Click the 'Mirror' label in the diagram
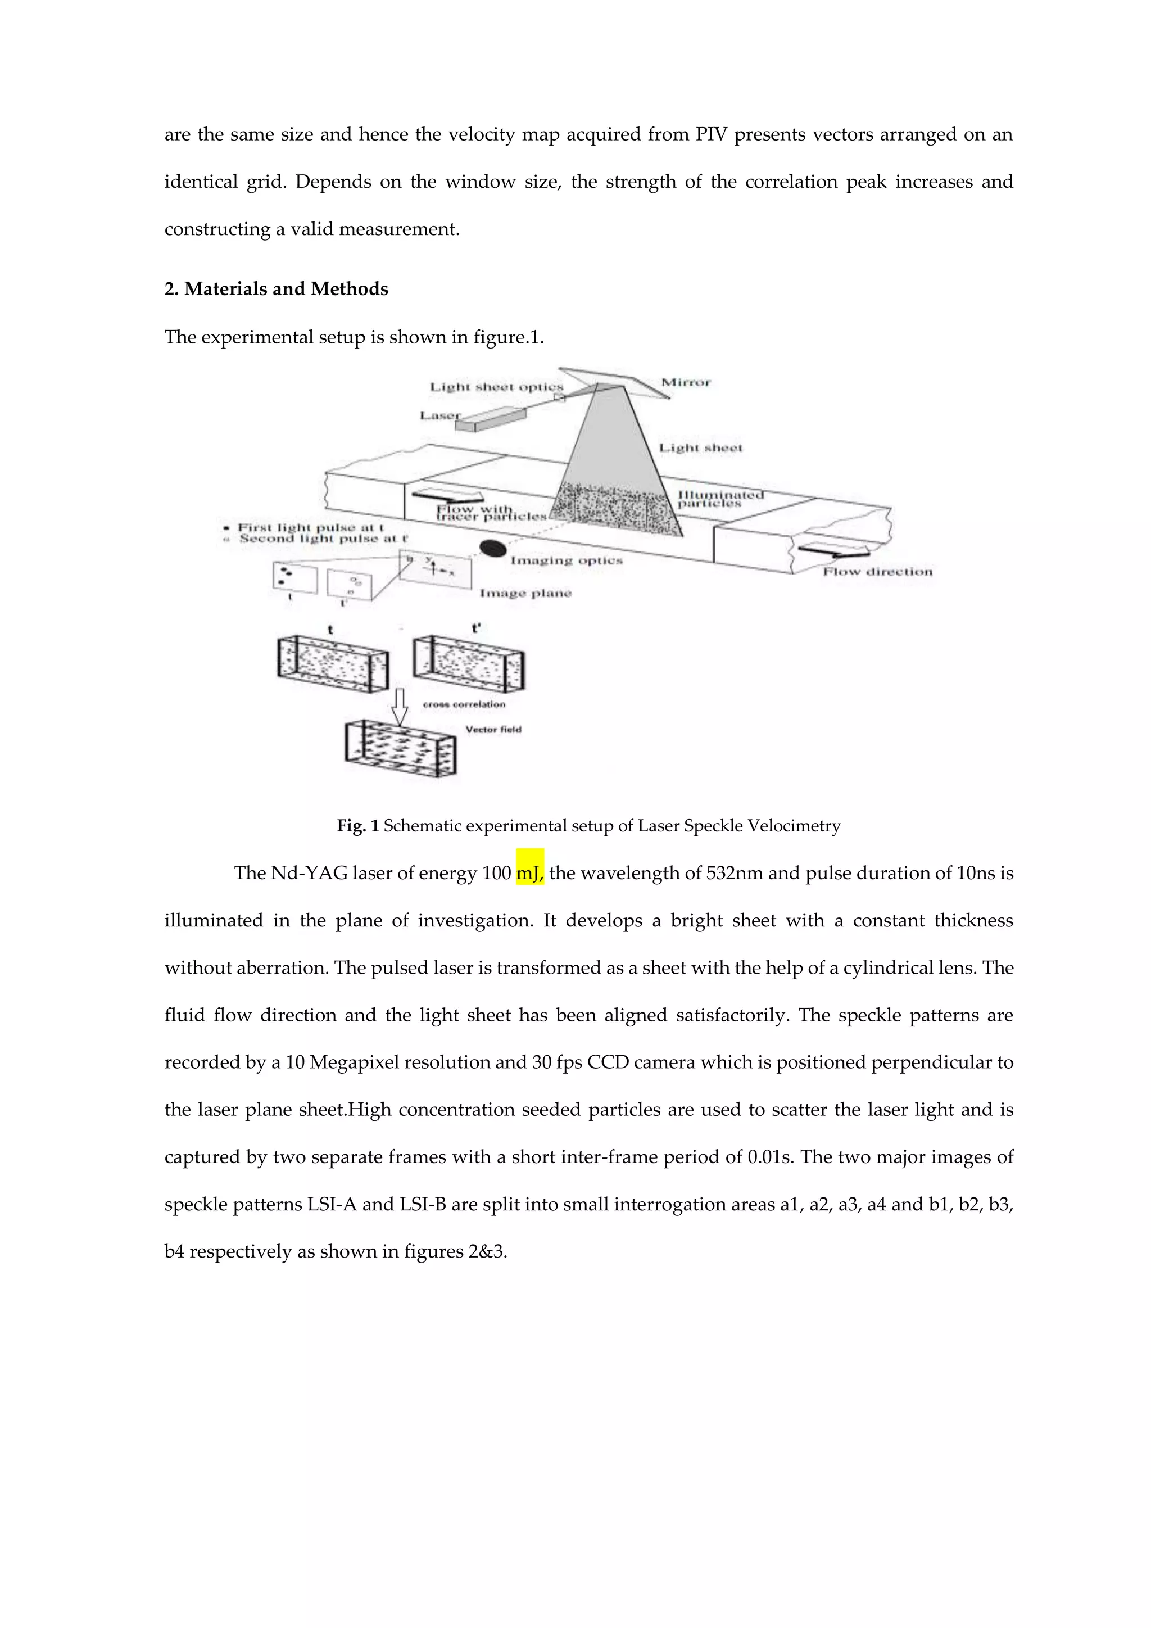pos(685,383)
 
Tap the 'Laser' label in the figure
pos(439,415)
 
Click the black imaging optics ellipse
pos(492,548)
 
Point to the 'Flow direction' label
pos(877,572)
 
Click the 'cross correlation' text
pos(464,704)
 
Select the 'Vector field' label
pos(493,730)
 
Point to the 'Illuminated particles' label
pos(719,499)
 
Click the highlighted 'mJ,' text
pos(529,874)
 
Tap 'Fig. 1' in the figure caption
pos(358,826)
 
